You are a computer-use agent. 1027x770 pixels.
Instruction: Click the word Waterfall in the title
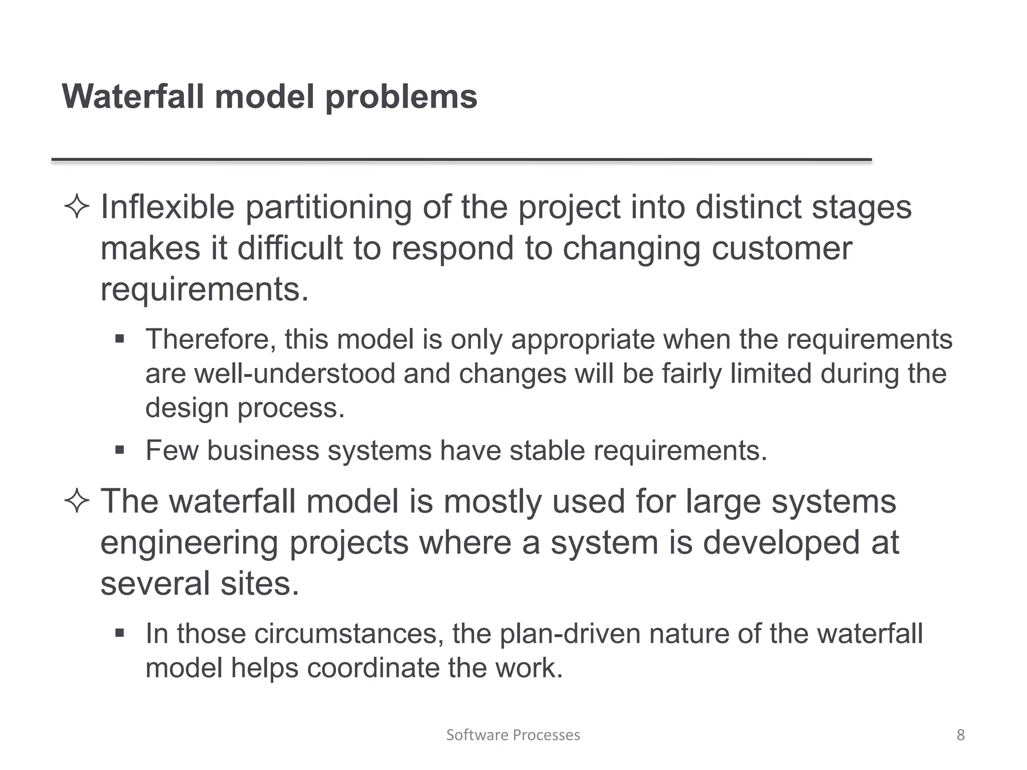pyautogui.click(x=133, y=96)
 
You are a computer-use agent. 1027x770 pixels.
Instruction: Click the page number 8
pyautogui.click(x=960, y=735)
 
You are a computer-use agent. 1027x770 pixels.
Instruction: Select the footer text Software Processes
pyautogui.click(x=513, y=735)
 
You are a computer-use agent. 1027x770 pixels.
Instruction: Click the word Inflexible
pyautogui.click(x=167, y=207)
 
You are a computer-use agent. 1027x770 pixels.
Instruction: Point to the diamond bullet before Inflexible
pyautogui.click(x=77, y=208)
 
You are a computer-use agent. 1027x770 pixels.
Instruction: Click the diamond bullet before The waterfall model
pyautogui.click(x=77, y=502)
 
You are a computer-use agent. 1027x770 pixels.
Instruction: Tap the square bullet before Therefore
pyautogui.click(x=119, y=339)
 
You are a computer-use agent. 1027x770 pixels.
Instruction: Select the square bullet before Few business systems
pyautogui.click(x=119, y=450)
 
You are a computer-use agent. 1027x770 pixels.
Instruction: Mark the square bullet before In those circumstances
pyautogui.click(x=119, y=633)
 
